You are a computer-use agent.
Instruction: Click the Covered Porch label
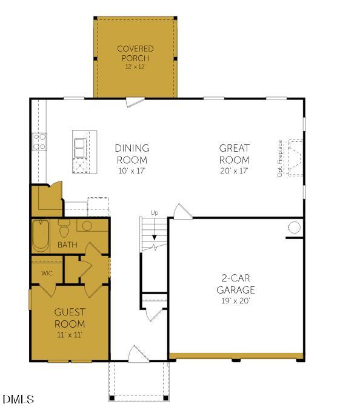click(x=135, y=53)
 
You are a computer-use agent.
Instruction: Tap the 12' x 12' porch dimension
click(x=135, y=66)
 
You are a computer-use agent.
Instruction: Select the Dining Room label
click(x=132, y=154)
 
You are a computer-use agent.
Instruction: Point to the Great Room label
click(x=235, y=154)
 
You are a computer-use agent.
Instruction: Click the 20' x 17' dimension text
click(x=235, y=171)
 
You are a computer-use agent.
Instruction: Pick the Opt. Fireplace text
click(x=280, y=158)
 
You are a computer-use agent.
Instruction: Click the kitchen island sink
click(x=80, y=147)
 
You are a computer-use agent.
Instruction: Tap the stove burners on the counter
click(x=39, y=142)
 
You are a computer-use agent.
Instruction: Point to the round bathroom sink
click(x=86, y=226)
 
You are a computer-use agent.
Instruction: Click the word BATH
click(x=67, y=245)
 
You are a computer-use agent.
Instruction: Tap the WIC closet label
click(x=47, y=273)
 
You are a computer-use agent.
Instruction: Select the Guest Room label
click(x=70, y=318)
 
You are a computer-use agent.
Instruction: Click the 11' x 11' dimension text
click(x=70, y=334)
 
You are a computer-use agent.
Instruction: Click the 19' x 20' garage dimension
click(x=236, y=300)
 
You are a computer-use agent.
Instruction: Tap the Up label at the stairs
click(x=154, y=213)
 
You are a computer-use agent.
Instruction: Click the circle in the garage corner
click(x=294, y=228)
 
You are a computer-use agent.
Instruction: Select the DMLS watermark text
click(x=18, y=399)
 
